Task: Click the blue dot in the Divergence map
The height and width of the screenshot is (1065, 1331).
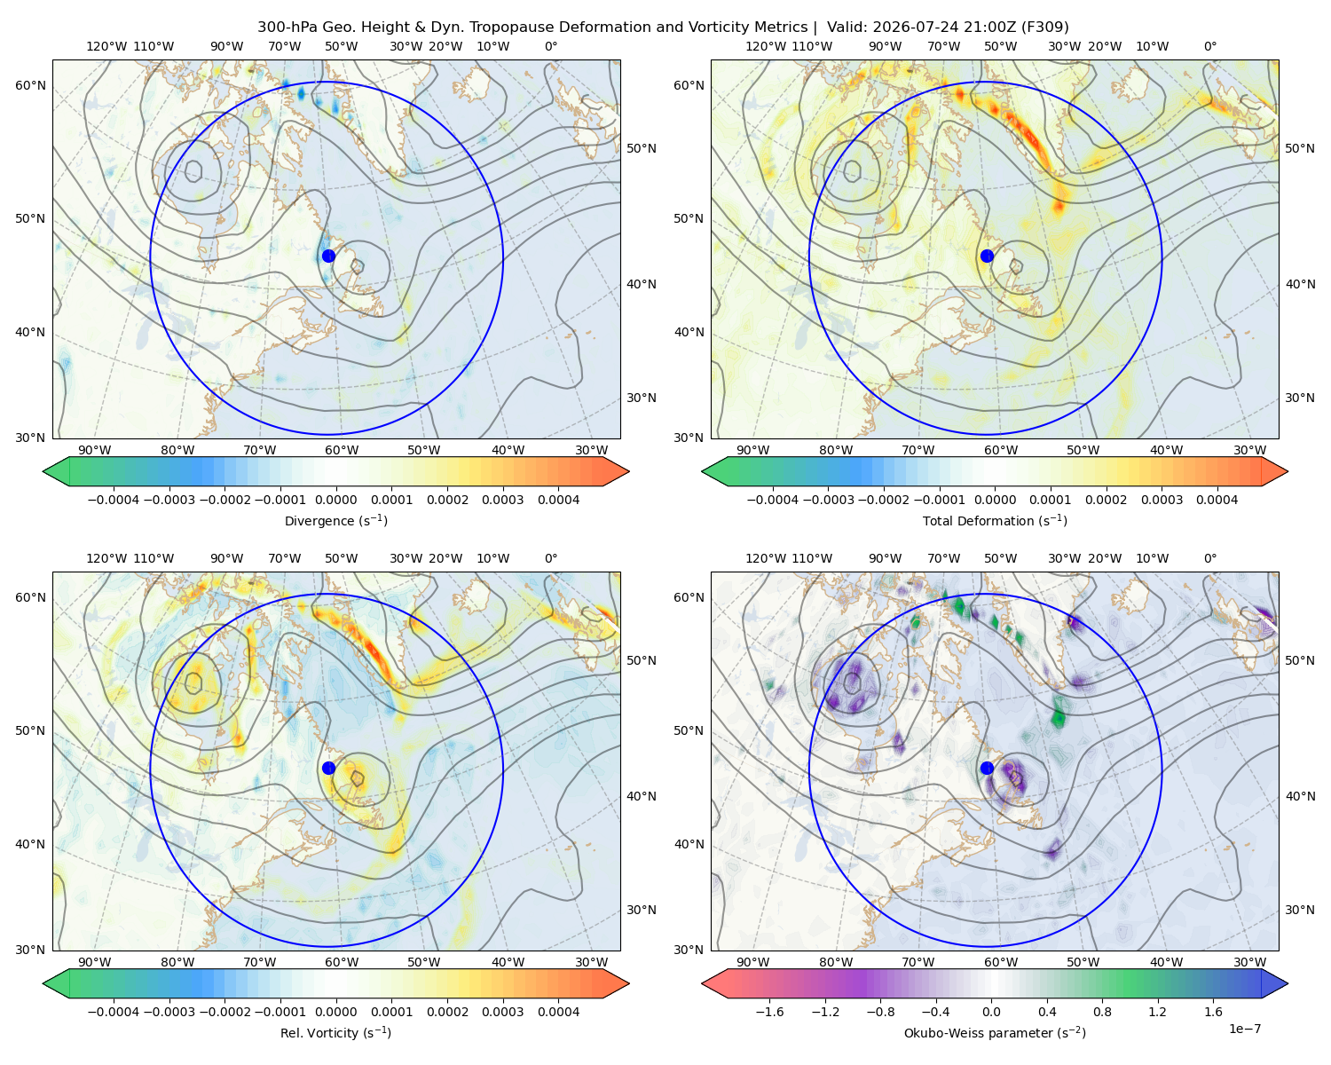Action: (328, 256)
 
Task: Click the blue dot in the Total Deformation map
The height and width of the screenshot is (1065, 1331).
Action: (987, 256)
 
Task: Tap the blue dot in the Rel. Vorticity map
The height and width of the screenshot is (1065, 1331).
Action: (328, 768)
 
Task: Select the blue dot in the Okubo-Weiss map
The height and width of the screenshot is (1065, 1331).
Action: (987, 768)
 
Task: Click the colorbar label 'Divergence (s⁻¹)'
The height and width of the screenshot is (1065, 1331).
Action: (335, 520)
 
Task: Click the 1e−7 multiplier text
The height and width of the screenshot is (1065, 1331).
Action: (1244, 1029)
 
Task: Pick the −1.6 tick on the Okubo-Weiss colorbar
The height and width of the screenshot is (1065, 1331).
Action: (769, 1012)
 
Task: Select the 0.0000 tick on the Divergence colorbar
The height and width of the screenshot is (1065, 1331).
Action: (335, 500)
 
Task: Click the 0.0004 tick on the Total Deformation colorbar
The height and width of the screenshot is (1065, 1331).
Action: (1217, 500)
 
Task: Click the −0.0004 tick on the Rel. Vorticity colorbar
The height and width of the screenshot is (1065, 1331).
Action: (114, 1012)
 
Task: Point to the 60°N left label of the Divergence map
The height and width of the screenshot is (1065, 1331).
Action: (30, 85)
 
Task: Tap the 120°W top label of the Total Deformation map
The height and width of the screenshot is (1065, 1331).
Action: (765, 46)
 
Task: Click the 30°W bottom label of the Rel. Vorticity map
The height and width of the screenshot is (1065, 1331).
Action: (591, 962)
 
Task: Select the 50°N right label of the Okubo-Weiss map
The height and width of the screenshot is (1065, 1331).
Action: (1300, 660)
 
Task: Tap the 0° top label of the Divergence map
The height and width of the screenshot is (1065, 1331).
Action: (551, 46)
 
